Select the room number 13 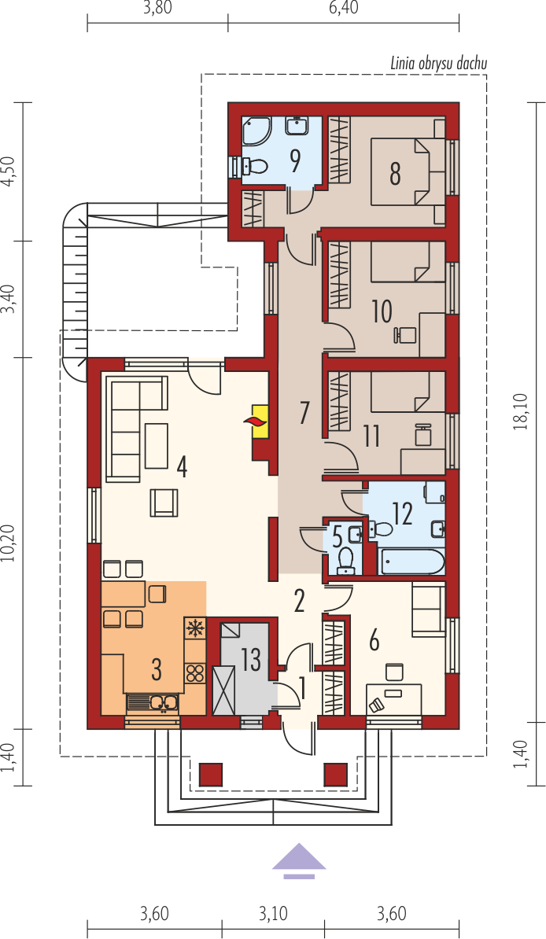(x=252, y=659)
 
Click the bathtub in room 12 (x=413, y=562)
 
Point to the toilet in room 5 (x=345, y=562)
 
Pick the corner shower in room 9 (x=256, y=131)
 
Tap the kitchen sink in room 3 (x=153, y=703)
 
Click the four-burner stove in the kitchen (x=194, y=673)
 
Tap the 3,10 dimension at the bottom (x=273, y=914)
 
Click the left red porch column (x=210, y=775)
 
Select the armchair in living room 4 (x=164, y=503)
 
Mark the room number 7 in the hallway (x=304, y=413)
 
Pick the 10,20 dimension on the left (x=9, y=543)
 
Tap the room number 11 (x=371, y=436)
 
